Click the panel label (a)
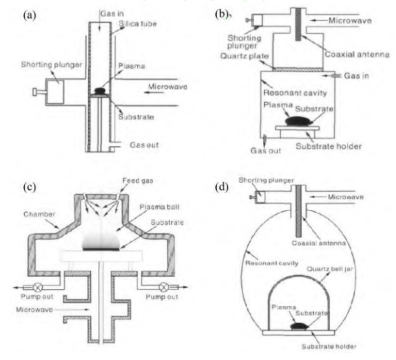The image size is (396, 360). coord(29,15)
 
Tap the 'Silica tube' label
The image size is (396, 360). coord(137,23)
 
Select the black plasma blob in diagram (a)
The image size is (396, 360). coord(100,91)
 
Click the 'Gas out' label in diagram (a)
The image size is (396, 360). coord(144,145)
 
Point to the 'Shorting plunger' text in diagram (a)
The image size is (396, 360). coord(51,65)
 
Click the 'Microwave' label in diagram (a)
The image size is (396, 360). coord(168,87)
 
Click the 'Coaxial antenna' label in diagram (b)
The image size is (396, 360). coord(357,54)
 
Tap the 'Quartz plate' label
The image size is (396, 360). coord(244,56)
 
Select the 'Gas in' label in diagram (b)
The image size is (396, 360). coord(357,75)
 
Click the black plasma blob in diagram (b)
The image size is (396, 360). coord(299,121)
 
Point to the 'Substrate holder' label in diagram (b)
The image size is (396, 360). coord(329,146)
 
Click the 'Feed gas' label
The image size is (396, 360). coord(137,181)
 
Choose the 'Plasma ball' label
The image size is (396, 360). coord(159,207)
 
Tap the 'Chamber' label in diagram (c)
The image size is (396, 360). coord(39,214)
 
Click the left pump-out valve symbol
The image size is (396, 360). coord(38,287)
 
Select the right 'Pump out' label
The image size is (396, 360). coord(162,297)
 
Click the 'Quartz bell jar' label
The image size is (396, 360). coord(329,269)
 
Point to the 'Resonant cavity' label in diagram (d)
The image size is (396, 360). coord(272,263)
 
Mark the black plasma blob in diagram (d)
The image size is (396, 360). coord(299,326)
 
